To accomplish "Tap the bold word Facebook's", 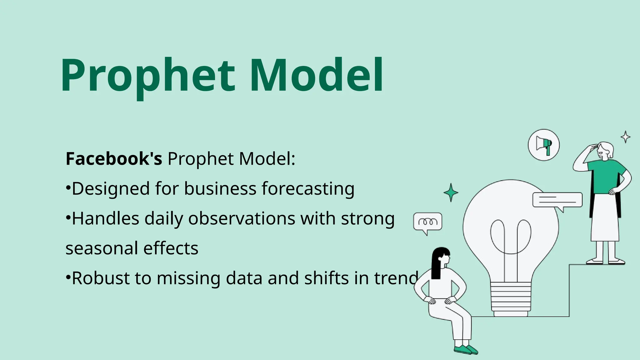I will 114,159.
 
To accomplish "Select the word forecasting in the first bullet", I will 308,189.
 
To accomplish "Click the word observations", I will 241,218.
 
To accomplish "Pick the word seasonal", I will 102,248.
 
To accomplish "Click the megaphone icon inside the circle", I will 544,145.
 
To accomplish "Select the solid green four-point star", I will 451,192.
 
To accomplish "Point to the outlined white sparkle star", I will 625,137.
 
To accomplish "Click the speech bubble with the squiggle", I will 427,222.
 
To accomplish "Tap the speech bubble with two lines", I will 557,200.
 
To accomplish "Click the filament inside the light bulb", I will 511,237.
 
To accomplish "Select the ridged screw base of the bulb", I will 511,298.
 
